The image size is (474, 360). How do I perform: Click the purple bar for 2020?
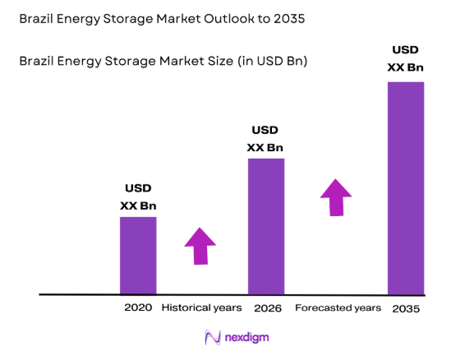tap(138, 255)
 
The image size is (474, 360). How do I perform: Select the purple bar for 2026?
tap(266, 226)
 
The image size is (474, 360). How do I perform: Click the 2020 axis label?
tap(138, 308)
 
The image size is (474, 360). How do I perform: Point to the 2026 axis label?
tap(267, 308)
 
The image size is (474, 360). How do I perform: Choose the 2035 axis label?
tap(406, 308)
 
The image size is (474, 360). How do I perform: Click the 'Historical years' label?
tap(201, 308)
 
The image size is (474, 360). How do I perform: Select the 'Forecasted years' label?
tap(338, 308)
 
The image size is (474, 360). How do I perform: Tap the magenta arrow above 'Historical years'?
tap(200, 246)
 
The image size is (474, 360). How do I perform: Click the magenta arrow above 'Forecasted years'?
tap(335, 196)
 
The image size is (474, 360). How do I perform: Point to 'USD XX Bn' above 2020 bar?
tap(138, 196)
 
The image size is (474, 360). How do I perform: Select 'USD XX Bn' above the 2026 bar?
tap(265, 139)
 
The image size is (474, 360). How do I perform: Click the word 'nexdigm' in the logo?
tap(246, 337)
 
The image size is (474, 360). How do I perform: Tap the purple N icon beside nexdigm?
tap(213, 337)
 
